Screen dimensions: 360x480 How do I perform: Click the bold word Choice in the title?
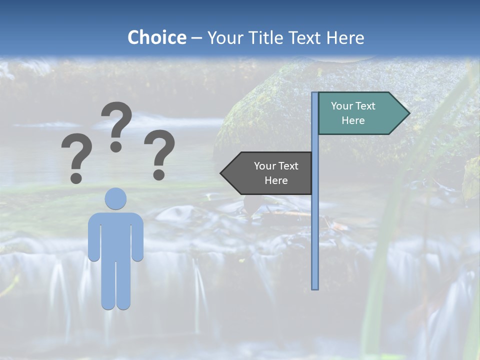click(x=156, y=37)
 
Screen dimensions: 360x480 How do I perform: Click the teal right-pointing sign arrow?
click(x=360, y=113)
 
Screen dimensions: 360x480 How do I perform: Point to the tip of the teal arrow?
click(x=408, y=113)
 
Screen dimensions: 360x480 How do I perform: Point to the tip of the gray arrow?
click(x=221, y=173)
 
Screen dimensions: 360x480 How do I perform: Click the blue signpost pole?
click(x=315, y=225)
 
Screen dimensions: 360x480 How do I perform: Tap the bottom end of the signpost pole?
click(x=315, y=287)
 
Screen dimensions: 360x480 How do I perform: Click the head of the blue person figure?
click(x=115, y=198)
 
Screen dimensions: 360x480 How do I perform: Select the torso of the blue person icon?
click(x=115, y=235)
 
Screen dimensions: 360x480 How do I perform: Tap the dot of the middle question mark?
click(x=116, y=146)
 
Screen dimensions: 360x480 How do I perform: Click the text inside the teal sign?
click(x=353, y=113)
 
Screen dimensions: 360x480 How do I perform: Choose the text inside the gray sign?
click(x=276, y=173)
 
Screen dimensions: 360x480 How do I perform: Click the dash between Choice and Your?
click(x=196, y=38)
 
